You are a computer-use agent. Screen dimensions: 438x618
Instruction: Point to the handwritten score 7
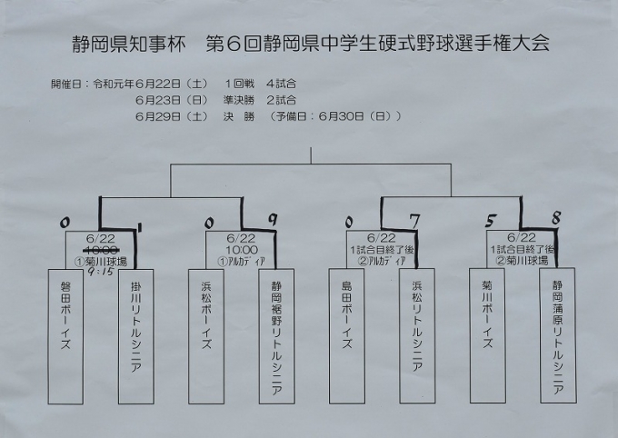click(414, 219)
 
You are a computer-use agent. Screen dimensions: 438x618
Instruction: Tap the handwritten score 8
click(555, 218)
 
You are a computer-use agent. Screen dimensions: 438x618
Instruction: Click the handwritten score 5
click(490, 220)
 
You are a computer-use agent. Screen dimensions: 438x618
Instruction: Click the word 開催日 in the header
click(68, 84)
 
